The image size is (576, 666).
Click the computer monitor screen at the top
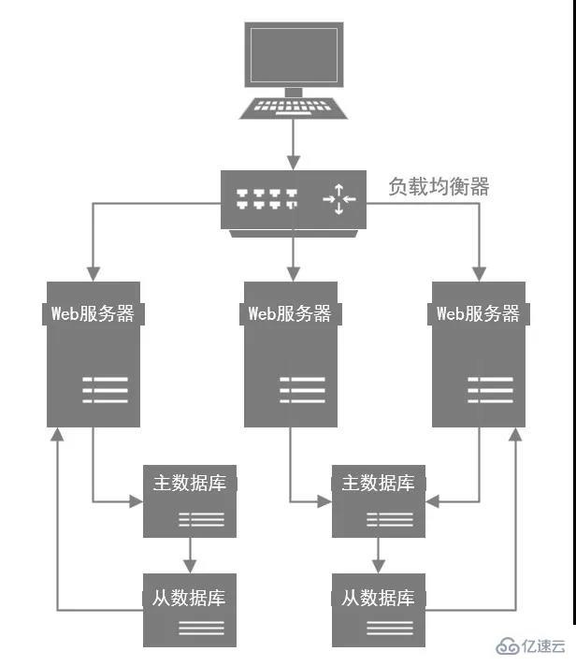tap(294, 55)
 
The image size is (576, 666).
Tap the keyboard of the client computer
tap(294, 106)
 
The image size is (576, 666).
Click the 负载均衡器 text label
tap(439, 186)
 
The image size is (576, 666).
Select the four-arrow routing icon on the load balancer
tap(338, 198)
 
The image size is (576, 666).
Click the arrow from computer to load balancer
tap(294, 144)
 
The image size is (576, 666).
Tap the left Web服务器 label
tap(93, 313)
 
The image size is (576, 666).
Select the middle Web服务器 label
tap(290, 313)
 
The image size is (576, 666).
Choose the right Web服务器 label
tap(478, 313)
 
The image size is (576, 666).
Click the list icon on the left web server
tap(105, 389)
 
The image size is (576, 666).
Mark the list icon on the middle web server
tap(302, 389)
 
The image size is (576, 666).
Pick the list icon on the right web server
tap(490, 389)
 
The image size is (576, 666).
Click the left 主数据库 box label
tap(190, 484)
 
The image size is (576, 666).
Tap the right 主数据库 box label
tap(378, 484)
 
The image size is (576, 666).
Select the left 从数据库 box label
tap(190, 596)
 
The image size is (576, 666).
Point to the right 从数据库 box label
tap(378, 596)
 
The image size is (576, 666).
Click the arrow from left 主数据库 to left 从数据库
tap(190, 555)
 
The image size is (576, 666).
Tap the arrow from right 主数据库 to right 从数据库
tap(378, 555)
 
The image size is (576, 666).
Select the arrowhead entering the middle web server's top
tap(294, 275)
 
